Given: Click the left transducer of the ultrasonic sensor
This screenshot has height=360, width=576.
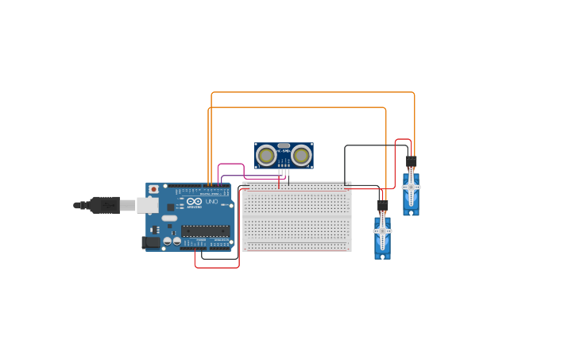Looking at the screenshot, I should coord(267,155).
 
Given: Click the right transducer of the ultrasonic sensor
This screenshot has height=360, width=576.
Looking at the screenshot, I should coord(301,155).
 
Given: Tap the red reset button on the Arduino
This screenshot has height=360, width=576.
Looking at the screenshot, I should coord(153,189).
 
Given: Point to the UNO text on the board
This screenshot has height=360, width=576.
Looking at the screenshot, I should coord(211,202).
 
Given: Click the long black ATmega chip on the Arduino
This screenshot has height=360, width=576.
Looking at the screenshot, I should coord(205,230).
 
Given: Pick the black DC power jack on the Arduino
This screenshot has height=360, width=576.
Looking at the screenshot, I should coord(149,242).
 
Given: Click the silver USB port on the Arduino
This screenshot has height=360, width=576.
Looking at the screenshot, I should coord(147,205).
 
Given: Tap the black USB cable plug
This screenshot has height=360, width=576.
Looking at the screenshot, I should coord(104,205).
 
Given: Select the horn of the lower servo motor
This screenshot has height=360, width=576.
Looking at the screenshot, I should coord(382,231).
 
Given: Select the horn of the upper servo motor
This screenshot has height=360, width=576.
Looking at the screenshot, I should coord(411,188).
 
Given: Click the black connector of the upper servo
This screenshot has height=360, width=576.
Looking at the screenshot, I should coord(411,161).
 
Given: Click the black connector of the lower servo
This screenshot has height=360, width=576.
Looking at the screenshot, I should coord(382,205).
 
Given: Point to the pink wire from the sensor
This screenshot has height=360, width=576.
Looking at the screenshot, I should coord(230,165).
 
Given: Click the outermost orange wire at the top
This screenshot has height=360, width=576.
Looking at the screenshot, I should coord(318,92).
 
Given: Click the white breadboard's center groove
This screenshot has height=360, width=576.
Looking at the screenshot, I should coord(296,217).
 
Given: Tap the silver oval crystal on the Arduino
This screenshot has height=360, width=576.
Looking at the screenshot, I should coord(169,218).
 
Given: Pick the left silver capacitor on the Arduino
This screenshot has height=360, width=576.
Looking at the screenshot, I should coord(167,240).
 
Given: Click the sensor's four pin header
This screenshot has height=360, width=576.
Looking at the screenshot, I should coord(284,172).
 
